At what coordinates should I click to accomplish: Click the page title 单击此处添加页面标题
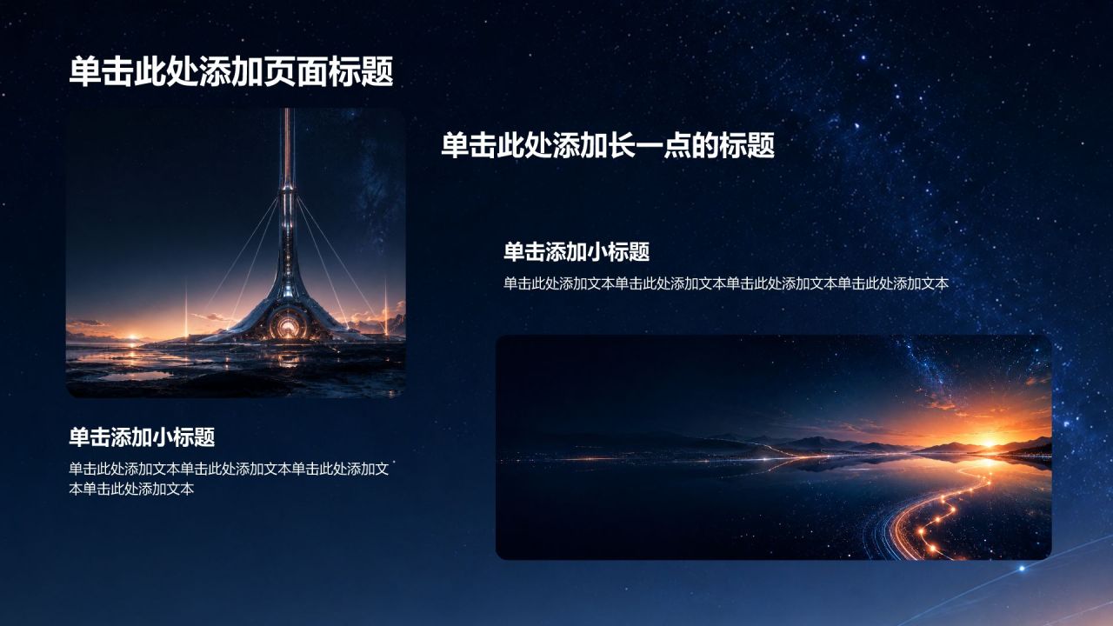coord(231,71)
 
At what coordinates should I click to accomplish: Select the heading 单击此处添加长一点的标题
coord(608,145)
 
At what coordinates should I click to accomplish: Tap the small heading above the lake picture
coord(576,252)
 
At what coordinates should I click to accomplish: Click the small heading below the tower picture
coord(142,437)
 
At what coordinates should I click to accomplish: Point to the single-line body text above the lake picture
coord(726,283)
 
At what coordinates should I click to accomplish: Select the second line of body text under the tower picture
coord(131,489)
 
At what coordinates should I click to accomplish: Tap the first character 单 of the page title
coord(85,71)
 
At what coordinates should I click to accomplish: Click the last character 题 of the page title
coord(377,71)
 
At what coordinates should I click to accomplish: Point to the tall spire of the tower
coord(287,149)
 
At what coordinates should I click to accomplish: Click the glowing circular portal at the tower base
coord(287,326)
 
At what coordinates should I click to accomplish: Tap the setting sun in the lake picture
coord(989,442)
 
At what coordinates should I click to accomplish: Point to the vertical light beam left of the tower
coord(186,309)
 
